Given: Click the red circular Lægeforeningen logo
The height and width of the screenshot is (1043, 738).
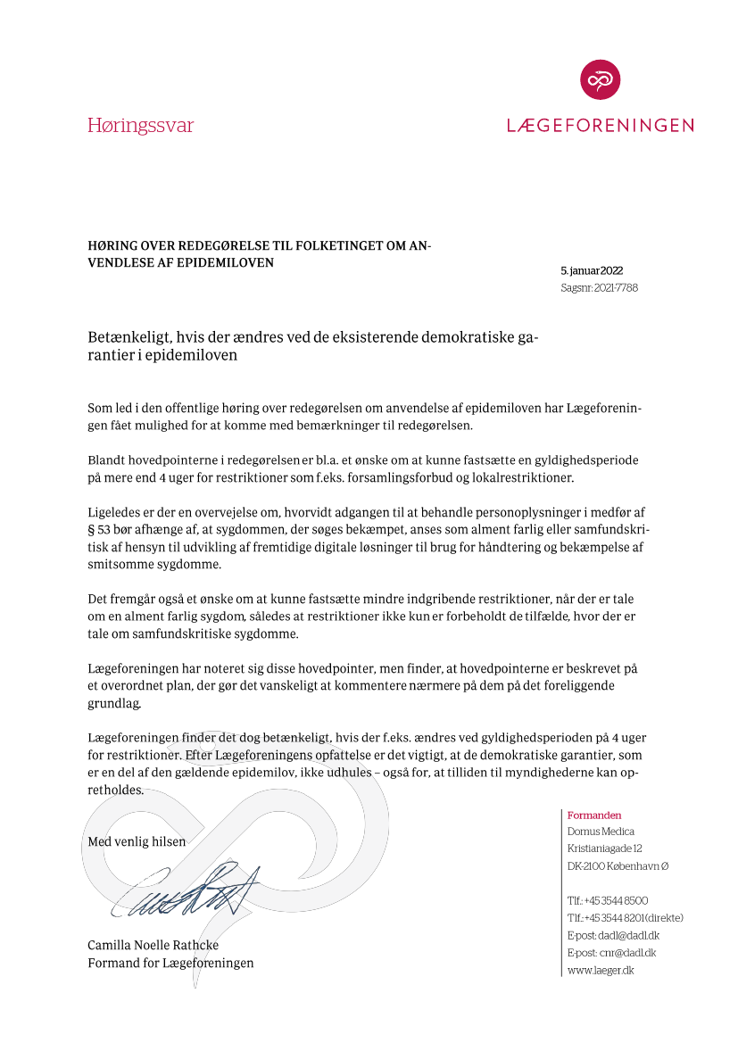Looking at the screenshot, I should coord(600,79).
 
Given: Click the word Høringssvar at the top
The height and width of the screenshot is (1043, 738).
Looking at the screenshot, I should coord(140,125).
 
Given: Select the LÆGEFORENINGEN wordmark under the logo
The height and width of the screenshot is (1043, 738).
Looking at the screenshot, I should coord(600,126).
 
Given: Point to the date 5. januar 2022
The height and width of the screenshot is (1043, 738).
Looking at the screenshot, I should coord(592,270).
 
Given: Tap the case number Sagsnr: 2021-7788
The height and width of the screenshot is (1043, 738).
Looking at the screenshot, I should coord(599,288).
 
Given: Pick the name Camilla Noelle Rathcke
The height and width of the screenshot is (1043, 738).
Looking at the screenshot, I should coord(153,945).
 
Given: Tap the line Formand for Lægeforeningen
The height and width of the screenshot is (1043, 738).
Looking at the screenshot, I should coord(170,963).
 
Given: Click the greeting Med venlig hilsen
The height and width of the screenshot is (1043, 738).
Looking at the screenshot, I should coord(137,841).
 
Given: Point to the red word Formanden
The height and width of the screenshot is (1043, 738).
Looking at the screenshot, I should coord(594,815).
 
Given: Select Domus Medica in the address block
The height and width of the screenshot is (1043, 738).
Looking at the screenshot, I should coord(601,832).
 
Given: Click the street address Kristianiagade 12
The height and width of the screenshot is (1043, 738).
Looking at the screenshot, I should coord(604,848).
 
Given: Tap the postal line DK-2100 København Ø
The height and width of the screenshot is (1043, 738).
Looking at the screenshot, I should coord(618,866).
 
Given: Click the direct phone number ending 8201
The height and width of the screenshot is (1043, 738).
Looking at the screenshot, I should coord(625,918).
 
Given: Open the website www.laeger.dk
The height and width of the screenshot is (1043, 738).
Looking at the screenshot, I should coord(601,970).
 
